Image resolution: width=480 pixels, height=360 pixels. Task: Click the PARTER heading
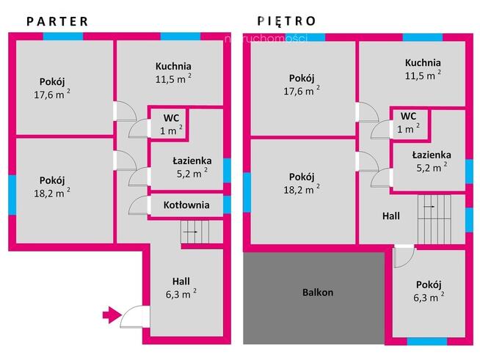coord(57,21)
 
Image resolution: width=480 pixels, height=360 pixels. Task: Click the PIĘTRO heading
coord(286,21)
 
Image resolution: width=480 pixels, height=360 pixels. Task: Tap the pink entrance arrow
coord(112,315)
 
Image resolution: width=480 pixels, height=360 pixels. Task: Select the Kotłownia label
coord(186,205)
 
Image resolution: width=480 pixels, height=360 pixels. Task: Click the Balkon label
coord(318,292)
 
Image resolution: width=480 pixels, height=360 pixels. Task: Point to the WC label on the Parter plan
coord(172,118)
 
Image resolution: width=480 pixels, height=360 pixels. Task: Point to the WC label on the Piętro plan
coord(408,116)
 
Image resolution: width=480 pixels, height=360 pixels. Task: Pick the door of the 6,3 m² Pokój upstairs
coord(404,256)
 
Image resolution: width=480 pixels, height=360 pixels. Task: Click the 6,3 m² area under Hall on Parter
coord(181,294)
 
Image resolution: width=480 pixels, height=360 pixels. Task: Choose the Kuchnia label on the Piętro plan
coord(423,63)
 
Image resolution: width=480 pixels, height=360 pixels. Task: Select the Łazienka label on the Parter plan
coord(192,161)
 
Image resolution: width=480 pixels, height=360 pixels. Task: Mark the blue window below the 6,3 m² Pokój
coord(427,342)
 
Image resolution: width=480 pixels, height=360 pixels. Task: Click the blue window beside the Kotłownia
coord(227,205)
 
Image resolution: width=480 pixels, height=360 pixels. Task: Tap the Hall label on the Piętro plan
coord(391,216)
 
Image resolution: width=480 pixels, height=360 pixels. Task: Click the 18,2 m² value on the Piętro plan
coord(302,189)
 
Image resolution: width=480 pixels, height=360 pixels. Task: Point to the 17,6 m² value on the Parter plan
coord(52,94)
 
